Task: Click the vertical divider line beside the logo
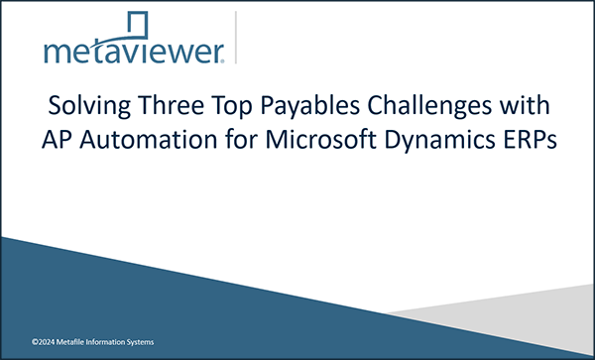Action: pyautogui.click(x=237, y=38)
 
